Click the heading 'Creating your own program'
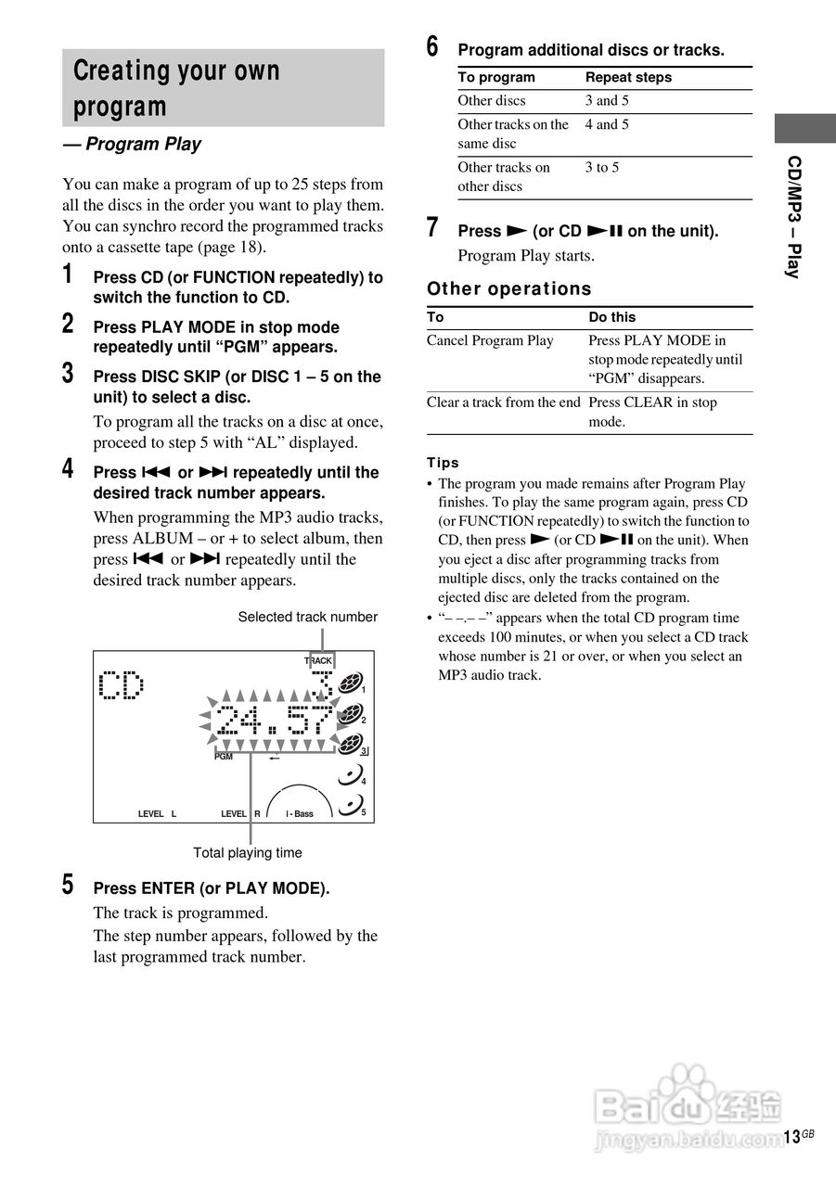point(176,88)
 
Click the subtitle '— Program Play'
point(132,144)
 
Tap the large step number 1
point(68,274)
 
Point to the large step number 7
point(432,228)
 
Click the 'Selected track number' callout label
point(307,617)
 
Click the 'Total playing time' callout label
point(247,852)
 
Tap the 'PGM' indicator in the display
point(224,757)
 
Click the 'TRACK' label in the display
point(318,661)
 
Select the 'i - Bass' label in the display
point(300,813)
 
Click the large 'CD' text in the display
point(122,685)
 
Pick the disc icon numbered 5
point(350,805)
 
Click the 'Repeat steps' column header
point(628,77)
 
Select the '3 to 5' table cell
point(602,167)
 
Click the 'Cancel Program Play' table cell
point(490,340)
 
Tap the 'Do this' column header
point(611,316)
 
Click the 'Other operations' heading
point(508,288)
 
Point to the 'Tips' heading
point(443,462)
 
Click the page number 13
point(791,1137)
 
